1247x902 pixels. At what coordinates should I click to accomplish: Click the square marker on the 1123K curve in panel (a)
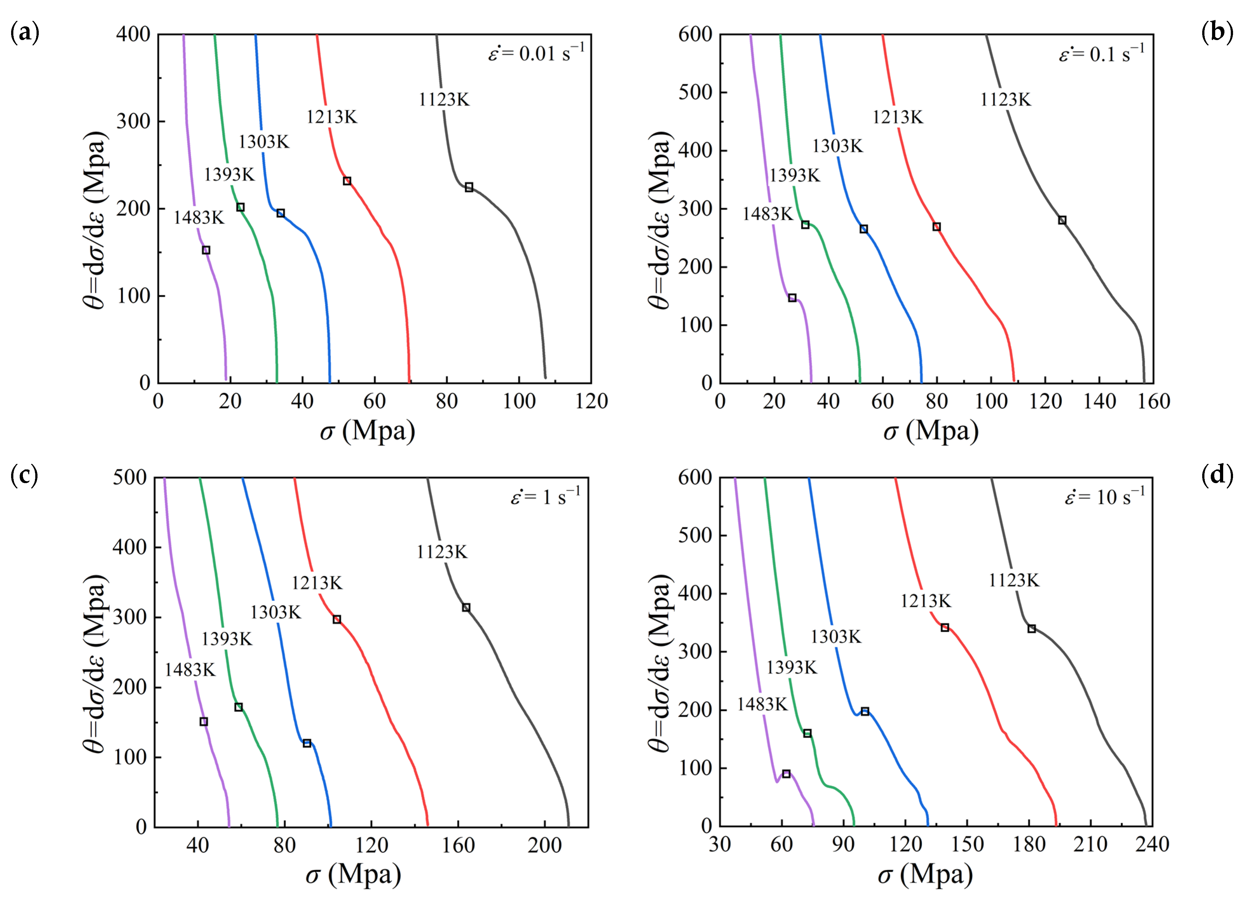click(469, 188)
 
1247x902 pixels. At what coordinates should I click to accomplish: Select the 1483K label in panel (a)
click(199, 218)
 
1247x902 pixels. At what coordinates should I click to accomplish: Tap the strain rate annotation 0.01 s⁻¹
click(536, 53)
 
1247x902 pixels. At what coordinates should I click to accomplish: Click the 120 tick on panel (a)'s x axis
click(591, 401)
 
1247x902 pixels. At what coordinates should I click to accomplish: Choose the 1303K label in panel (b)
click(838, 146)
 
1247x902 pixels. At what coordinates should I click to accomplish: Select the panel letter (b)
click(1218, 33)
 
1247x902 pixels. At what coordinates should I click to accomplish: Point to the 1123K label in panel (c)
click(442, 552)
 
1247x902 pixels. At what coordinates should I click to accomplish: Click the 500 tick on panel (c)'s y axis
click(130, 477)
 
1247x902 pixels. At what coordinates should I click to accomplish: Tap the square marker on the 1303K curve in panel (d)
click(865, 712)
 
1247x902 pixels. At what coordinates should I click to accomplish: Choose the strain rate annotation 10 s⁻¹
click(1105, 497)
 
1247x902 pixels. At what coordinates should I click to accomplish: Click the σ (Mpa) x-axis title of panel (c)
click(354, 874)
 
